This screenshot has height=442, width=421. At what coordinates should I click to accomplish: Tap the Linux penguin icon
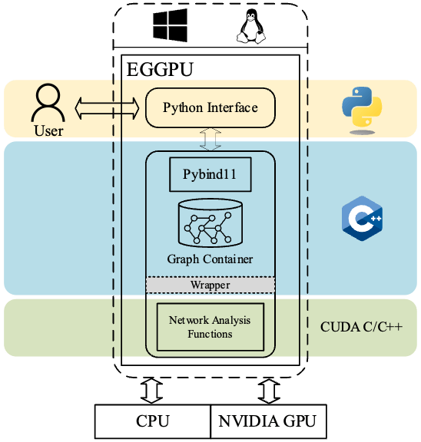247,28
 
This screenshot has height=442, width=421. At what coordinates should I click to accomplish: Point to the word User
48,130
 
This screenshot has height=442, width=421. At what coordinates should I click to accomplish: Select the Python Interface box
210,107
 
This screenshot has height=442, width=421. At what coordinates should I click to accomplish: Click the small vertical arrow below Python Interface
210,139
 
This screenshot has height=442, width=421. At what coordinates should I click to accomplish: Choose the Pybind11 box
210,175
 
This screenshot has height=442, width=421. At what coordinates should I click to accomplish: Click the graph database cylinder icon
210,223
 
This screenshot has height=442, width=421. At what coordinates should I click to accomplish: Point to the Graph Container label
210,259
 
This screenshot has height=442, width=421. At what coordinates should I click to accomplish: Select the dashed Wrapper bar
210,285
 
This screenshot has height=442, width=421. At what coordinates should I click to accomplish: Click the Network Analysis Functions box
210,326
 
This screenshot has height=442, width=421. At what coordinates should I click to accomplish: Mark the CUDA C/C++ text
360,327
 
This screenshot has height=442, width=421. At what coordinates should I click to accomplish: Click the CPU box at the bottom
152,421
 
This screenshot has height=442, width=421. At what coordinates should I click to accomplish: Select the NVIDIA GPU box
267,421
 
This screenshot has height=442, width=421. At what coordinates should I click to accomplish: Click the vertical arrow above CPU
152,390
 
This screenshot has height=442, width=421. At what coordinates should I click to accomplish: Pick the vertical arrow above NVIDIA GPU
267,390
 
